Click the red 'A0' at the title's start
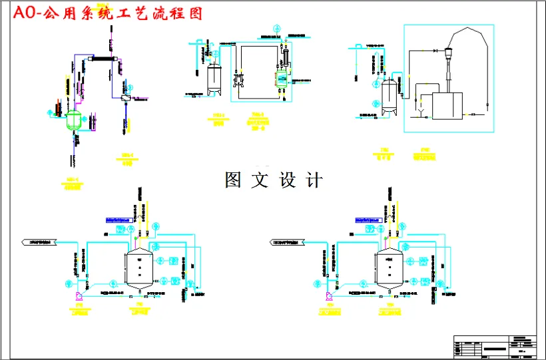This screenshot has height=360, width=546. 25,13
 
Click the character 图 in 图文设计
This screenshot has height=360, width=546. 234,180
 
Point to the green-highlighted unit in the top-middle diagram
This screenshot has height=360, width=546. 282,79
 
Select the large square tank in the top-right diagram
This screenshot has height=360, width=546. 447,104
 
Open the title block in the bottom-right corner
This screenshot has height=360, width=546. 495,345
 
